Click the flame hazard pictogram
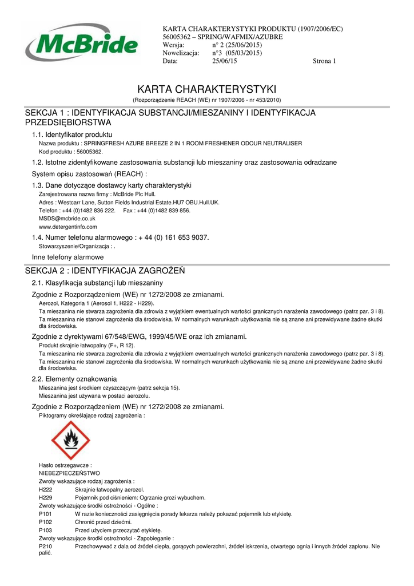coord(71,440)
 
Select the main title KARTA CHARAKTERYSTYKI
coord(207,89)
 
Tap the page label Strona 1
coord(324,61)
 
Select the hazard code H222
coord(45,490)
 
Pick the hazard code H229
coord(45,498)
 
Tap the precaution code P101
coord(45,514)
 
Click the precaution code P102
coord(45,522)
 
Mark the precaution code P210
coord(45,547)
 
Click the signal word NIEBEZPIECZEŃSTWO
coord(69,473)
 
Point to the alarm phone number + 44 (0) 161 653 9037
coord(172,237)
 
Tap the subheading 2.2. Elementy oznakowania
coord(74,379)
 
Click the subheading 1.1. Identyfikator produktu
coord(72,134)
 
